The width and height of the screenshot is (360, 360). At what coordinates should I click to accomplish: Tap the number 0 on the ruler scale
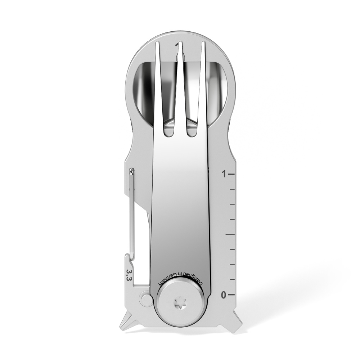pos(224,295)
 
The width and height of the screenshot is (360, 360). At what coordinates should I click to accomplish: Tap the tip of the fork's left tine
pos(157,44)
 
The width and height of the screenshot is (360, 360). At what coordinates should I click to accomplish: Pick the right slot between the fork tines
pos(192,122)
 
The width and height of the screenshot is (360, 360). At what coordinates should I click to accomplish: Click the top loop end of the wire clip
pos(132,171)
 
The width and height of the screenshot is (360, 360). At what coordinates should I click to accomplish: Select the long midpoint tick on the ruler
pos(230,234)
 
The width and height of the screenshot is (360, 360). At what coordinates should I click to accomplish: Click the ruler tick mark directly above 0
pos(232,280)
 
